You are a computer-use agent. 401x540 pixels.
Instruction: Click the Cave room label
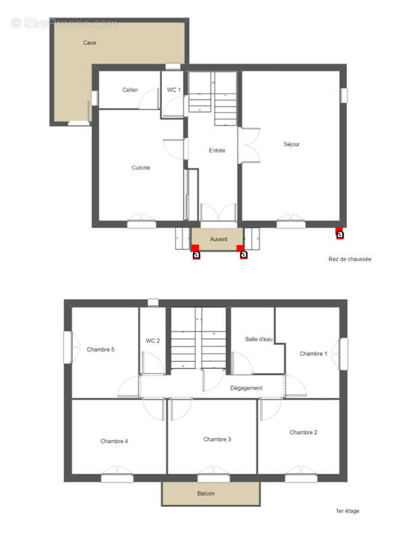pos(89,43)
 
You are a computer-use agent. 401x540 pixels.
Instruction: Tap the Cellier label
pos(130,90)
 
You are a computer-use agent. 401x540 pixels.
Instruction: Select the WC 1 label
pos(173,90)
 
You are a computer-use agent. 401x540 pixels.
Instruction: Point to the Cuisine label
pos(140,167)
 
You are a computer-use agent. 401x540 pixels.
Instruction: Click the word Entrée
pos(217,151)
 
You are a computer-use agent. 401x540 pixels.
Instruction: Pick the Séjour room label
pos(292,144)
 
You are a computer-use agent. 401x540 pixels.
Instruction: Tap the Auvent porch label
pos(218,239)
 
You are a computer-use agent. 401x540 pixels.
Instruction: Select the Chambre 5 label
pos(101,349)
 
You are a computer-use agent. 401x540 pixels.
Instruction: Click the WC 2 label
pos(153,340)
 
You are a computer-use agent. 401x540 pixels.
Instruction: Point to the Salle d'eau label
pos(259,339)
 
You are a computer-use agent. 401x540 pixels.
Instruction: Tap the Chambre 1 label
pos(313,353)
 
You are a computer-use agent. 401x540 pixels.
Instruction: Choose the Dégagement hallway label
pos(246,387)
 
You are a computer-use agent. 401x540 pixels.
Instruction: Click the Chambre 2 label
pos(303,432)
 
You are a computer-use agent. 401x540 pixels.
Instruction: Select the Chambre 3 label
pos(217,439)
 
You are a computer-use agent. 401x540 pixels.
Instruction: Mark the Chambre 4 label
pos(114,441)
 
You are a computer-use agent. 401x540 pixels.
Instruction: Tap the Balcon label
pos(206,494)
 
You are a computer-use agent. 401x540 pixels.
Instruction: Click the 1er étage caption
pos(347,511)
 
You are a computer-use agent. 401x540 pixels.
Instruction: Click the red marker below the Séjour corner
pos(340,234)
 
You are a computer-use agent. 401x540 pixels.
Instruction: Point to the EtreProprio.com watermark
pos(65,23)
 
